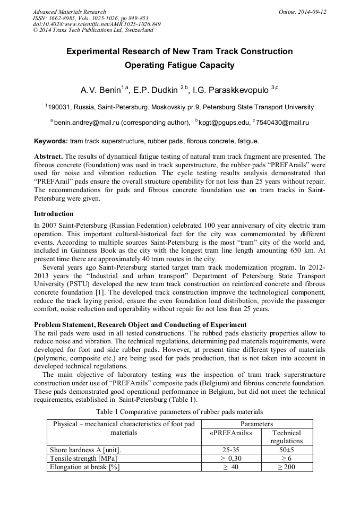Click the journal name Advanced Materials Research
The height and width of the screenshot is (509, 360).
coord(70,12)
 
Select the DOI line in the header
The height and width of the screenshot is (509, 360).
coord(97,24)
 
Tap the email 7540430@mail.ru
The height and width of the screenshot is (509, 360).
coord(282,123)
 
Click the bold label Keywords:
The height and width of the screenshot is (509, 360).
coord(51,141)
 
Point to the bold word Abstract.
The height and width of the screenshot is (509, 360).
coord(49,157)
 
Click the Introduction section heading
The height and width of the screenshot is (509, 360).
coord(54,214)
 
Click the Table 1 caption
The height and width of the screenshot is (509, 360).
coord(179,411)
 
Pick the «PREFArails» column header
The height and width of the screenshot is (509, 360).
coord(232,433)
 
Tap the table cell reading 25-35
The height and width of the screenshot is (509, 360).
coord(232,450)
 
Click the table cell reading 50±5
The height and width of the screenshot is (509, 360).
coord(286,450)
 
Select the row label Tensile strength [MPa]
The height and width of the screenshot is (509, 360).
coord(83,459)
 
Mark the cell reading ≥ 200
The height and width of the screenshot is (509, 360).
coord(286,467)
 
